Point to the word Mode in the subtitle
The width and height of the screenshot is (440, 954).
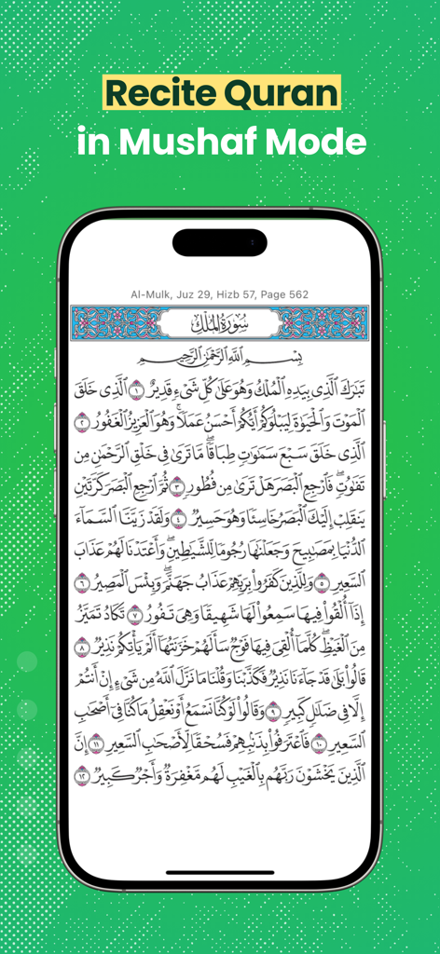pyautogui.click(x=319, y=142)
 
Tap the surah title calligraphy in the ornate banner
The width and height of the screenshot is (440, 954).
pyautogui.click(x=220, y=322)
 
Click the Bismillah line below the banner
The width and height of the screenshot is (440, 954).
pyautogui.click(x=220, y=357)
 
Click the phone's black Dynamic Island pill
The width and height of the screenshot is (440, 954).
pyautogui.click(x=220, y=242)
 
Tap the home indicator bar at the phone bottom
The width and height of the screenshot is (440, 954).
pyautogui.click(x=220, y=873)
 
